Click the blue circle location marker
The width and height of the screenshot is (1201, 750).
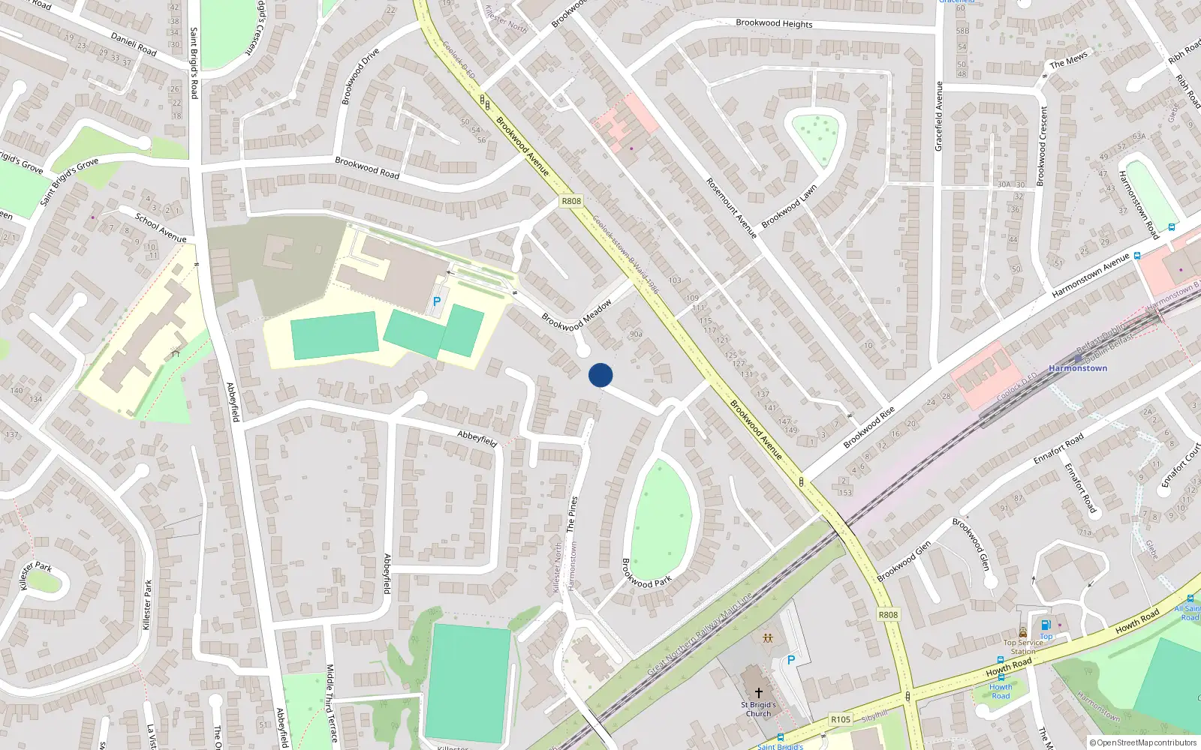coord(600,375)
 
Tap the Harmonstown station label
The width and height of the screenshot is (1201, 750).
coord(1077,368)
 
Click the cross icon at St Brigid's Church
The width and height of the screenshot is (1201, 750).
coord(758,693)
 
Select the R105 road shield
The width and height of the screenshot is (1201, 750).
coord(841,719)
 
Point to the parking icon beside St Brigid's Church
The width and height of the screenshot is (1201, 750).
coord(790,660)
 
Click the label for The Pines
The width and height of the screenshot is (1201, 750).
coord(572,514)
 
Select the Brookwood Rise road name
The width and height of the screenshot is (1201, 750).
coord(869,427)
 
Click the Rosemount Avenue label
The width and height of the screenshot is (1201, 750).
coord(731,208)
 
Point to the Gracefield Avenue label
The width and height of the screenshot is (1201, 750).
coord(938,116)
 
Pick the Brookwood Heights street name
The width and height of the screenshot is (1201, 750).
coord(774,23)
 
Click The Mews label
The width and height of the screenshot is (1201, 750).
coord(1068,60)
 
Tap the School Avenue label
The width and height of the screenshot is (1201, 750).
coord(161,228)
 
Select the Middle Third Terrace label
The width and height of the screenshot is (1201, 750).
coord(330,703)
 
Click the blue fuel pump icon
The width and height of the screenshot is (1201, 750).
coord(1046,625)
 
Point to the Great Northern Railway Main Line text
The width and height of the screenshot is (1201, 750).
coord(700,634)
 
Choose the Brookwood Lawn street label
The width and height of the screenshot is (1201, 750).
coord(789,206)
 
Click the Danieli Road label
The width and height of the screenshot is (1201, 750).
coord(134,44)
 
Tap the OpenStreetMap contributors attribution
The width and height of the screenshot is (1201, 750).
coord(1143,742)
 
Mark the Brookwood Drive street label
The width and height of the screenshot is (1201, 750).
coord(360,76)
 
